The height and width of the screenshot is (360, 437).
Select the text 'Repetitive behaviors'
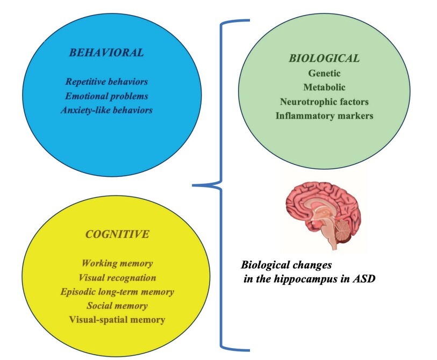point(106,82)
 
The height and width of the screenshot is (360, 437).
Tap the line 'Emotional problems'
point(106,96)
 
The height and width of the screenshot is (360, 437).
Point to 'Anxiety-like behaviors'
point(106,110)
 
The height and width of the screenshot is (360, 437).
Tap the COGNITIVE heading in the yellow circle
point(117,235)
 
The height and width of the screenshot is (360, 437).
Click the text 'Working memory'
point(117,264)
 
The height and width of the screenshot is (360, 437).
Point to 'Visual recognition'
point(117,278)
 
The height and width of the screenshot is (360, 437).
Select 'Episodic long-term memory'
point(117,292)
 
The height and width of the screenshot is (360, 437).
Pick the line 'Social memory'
point(117,306)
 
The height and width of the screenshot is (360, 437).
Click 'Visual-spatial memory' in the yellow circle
point(117,320)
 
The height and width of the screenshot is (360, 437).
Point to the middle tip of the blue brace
point(194,186)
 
